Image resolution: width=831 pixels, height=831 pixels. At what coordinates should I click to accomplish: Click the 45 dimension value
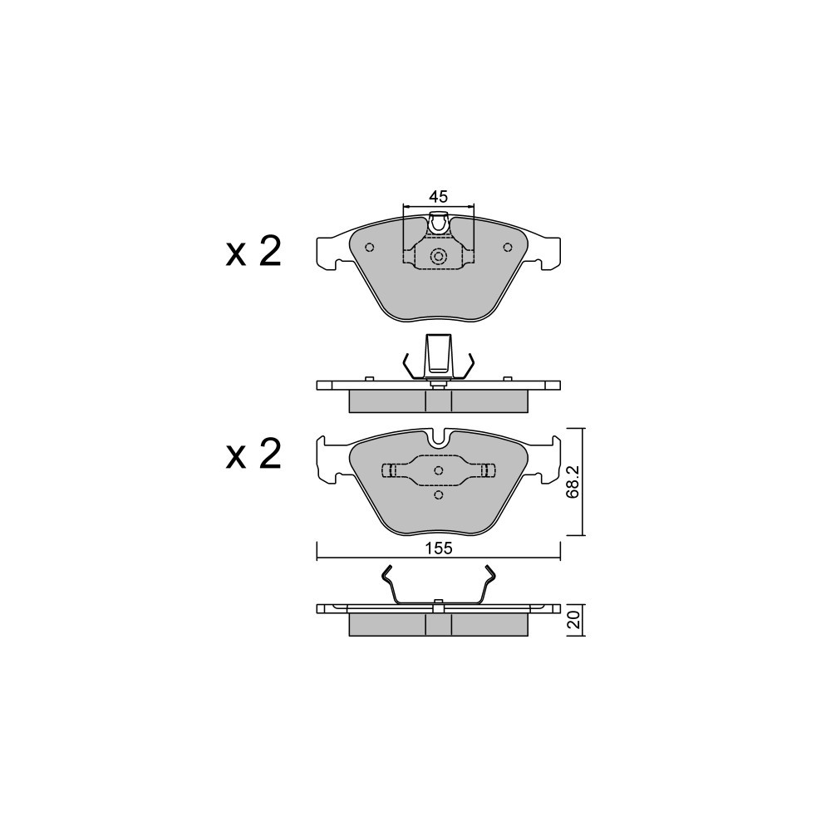tap(438, 197)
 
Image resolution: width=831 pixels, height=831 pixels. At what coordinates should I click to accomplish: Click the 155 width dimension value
tap(438, 548)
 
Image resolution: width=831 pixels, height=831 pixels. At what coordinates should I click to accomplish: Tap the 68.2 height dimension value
tap(573, 481)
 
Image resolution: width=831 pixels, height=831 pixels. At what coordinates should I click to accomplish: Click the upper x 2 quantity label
tap(253, 252)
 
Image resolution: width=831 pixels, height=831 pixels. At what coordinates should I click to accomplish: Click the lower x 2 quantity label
tap(253, 454)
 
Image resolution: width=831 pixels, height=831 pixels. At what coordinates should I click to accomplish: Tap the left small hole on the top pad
tap(370, 247)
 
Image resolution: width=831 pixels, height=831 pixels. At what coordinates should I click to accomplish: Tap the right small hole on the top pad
tap(507, 247)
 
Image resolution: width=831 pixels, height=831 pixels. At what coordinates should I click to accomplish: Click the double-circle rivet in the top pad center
tap(438, 257)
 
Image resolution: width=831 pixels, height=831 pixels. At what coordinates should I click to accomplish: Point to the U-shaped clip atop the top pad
tap(438, 222)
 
